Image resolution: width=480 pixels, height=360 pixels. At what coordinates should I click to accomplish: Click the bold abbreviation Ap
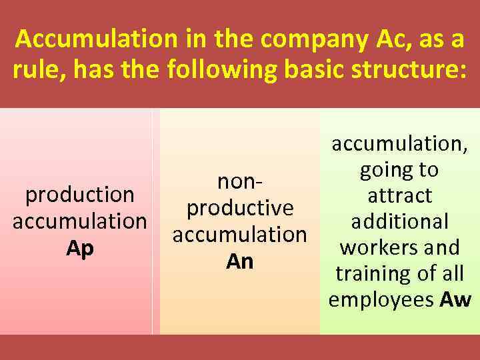(80, 247)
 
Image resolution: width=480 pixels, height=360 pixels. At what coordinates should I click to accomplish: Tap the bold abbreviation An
(240, 261)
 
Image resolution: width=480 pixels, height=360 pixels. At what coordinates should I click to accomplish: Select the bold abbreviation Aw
(456, 299)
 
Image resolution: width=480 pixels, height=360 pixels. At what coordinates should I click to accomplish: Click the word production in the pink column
(80, 195)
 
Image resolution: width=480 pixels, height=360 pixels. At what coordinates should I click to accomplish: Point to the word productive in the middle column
(240, 208)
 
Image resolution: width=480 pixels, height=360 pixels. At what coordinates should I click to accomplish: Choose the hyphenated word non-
(240, 182)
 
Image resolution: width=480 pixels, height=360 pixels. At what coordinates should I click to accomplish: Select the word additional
(400, 221)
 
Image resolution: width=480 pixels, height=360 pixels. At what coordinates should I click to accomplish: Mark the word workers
(374, 247)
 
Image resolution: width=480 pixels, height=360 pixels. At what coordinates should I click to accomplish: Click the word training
(371, 273)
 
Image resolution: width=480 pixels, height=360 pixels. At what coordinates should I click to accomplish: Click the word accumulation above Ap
(80, 221)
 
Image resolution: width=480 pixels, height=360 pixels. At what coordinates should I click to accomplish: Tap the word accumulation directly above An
(240, 235)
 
